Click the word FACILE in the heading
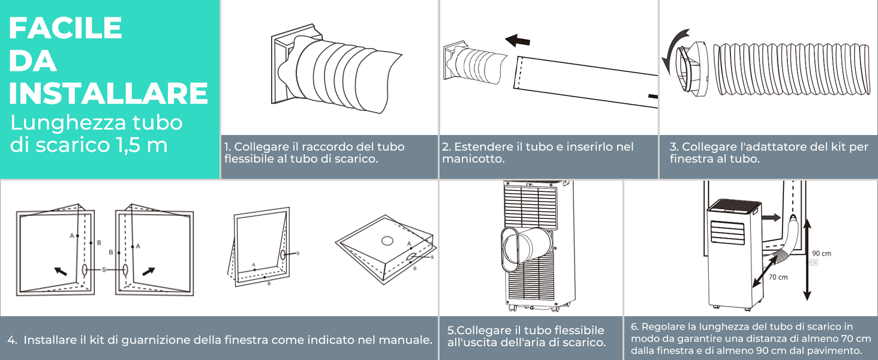(x=65, y=28)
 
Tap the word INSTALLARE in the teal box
(x=109, y=94)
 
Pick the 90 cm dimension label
(x=822, y=253)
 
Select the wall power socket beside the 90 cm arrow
(x=813, y=262)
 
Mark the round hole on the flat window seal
(x=387, y=241)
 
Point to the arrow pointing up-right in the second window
(x=148, y=271)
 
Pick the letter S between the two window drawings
(x=104, y=270)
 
